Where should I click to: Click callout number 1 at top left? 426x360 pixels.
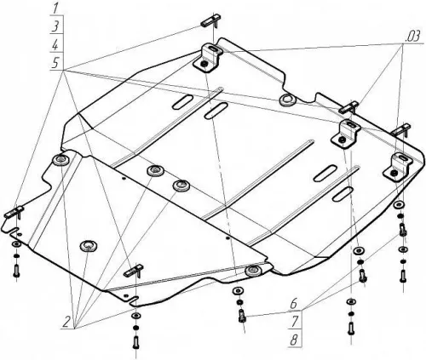pyautogui.click(x=55, y=9)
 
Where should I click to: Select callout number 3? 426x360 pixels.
pyautogui.click(x=55, y=26)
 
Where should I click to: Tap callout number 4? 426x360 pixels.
pyautogui.click(x=55, y=45)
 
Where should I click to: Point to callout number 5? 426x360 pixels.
pyautogui.click(x=55, y=63)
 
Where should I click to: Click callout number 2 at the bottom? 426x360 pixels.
pyautogui.click(x=66, y=323)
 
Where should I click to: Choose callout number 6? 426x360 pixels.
pyautogui.click(x=294, y=304)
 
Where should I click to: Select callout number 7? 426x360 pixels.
pyautogui.click(x=294, y=322)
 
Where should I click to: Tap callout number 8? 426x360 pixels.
pyautogui.click(x=294, y=340)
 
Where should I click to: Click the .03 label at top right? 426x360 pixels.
pyautogui.click(x=412, y=37)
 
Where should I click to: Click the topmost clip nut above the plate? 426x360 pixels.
pyautogui.click(x=211, y=21)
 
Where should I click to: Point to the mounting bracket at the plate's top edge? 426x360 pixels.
pyautogui.click(x=207, y=58)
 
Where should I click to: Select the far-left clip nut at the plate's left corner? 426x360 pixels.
pyautogui.click(x=14, y=212)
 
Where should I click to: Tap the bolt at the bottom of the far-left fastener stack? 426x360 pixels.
pyautogui.click(x=16, y=271)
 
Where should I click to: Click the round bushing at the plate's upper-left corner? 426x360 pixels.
pyautogui.click(x=61, y=160)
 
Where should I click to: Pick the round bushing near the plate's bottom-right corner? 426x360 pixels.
pyautogui.click(x=253, y=271)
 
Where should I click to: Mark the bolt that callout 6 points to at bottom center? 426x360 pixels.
pyautogui.click(x=242, y=316)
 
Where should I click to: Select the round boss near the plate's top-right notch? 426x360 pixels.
pyautogui.click(x=288, y=100)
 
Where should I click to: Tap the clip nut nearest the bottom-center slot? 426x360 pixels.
pyautogui.click(x=134, y=271)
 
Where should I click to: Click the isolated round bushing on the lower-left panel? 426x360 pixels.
pyautogui.click(x=89, y=246)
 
